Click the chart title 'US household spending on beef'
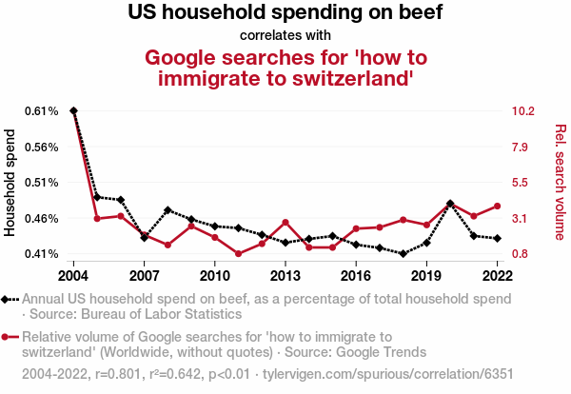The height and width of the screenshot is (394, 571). pos(285,13)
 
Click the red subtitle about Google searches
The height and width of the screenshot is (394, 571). pos(285,67)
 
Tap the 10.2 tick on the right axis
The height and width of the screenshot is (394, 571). pos(523,111)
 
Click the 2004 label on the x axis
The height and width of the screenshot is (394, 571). pos(73,275)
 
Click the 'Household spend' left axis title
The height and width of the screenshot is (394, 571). pos(11,183)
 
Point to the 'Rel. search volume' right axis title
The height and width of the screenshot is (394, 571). pos(560,183)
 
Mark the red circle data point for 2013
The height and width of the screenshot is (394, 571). pos(285,223)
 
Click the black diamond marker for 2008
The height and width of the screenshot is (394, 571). pos(167,210)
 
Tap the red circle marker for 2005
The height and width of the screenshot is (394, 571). pos(97,219)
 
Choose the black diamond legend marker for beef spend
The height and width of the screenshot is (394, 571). pos(10,299)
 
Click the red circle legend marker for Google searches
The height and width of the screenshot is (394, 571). pos(10,336)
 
